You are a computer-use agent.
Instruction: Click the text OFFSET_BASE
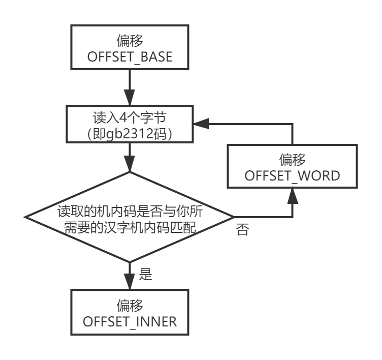tap(130, 58)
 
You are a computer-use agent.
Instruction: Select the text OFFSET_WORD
tap(292, 176)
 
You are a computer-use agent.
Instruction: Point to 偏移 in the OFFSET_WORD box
tap(292, 160)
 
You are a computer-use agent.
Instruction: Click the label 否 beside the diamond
tap(242, 230)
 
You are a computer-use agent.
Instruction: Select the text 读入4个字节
tap(130, 117)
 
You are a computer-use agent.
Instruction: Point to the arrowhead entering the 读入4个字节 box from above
tap(130, 99)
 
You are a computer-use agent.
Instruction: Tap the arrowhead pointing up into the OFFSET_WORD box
tap(292, 195)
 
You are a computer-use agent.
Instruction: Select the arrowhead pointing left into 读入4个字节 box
tap(197, 124)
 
